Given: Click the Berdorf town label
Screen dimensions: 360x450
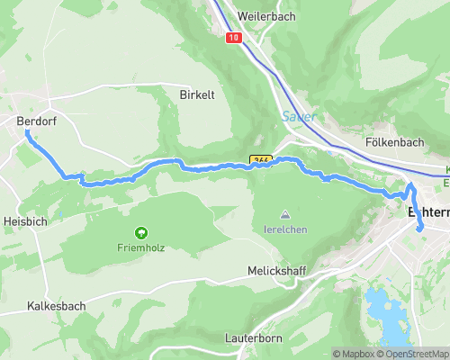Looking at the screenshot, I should (36, 121).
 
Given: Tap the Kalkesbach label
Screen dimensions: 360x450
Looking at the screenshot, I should (56, 306).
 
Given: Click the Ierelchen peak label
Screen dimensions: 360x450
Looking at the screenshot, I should (285, 229).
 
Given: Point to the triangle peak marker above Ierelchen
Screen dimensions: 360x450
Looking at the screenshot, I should (285, 215).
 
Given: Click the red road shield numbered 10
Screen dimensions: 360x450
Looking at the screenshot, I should (234, 38).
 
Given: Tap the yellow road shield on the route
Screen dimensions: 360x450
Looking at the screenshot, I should (261, 160).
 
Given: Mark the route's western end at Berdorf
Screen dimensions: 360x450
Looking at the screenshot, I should (27, 131).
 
